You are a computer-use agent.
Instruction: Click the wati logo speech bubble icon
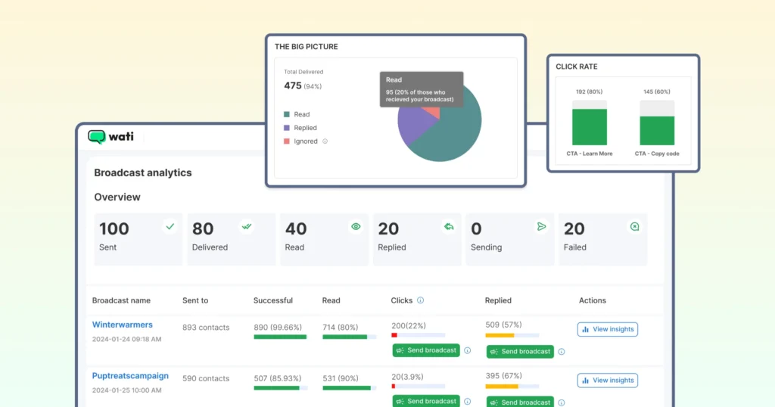coord(96,137)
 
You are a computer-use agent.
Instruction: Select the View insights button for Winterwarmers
coord(607,329)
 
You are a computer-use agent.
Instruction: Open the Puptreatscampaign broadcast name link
coord(130,376)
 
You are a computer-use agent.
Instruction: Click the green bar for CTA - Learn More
coord(590,126)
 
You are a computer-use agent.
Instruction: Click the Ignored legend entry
coord(305,141)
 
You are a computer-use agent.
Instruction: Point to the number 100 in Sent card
coord(114,228)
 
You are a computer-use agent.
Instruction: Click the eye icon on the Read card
coord(356,226)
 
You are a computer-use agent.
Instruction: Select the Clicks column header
coord(402,300)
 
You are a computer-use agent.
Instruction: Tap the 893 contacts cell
coord(206,328)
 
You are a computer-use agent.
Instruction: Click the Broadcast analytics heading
coord(143,172)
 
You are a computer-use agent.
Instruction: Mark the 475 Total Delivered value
coord(293,85)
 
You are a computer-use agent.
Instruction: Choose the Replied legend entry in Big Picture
coord(305,128)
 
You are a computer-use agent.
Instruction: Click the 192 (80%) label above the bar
coord(590,92)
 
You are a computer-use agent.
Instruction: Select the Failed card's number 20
coord(574,228)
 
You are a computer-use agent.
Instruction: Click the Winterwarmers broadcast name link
coord(123,325)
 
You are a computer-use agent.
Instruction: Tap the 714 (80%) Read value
coord(340,327)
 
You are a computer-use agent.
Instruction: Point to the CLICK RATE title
coord(577,67)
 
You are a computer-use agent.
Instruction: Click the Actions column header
coord(593,300)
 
